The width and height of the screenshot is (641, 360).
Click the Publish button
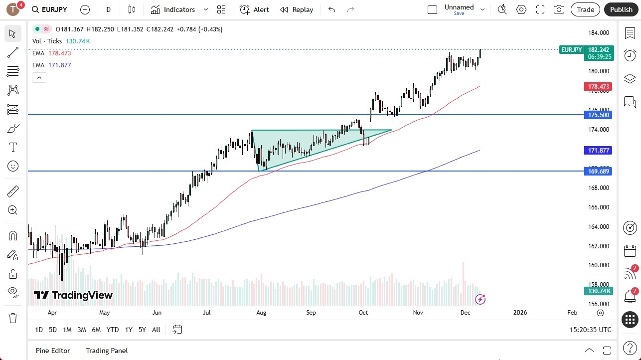tap(621, 9)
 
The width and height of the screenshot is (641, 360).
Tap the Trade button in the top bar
tap(585, 9)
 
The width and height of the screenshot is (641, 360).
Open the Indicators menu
tap(179, 9)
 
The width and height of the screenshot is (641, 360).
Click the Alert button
tap(254, 9)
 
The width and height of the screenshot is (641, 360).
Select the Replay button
tap(297, 9)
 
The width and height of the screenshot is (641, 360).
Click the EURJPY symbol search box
tap(49, 9)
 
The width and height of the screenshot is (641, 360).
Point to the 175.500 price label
tap(598, 115)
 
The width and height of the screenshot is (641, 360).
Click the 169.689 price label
tap(598, 172)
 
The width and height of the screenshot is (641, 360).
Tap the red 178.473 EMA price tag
tap(598, 87)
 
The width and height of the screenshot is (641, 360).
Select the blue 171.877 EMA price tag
tap(598, 151)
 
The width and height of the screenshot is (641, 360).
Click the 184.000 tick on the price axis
tap(598, 33)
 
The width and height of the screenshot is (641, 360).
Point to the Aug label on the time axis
tap(261, 313)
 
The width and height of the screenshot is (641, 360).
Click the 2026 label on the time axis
tap(520, 313)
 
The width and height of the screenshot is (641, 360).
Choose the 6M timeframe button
tap(96, 330)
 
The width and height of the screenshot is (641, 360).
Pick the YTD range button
tap(113, 330)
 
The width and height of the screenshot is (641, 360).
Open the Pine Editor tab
tap(53, 351)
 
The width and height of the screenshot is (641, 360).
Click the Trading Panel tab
tap(107, 351)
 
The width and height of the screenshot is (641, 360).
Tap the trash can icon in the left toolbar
tap(13, 318)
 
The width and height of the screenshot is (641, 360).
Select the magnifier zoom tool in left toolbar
tap(13, 210)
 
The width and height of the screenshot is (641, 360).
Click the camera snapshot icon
tap(559, 9)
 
